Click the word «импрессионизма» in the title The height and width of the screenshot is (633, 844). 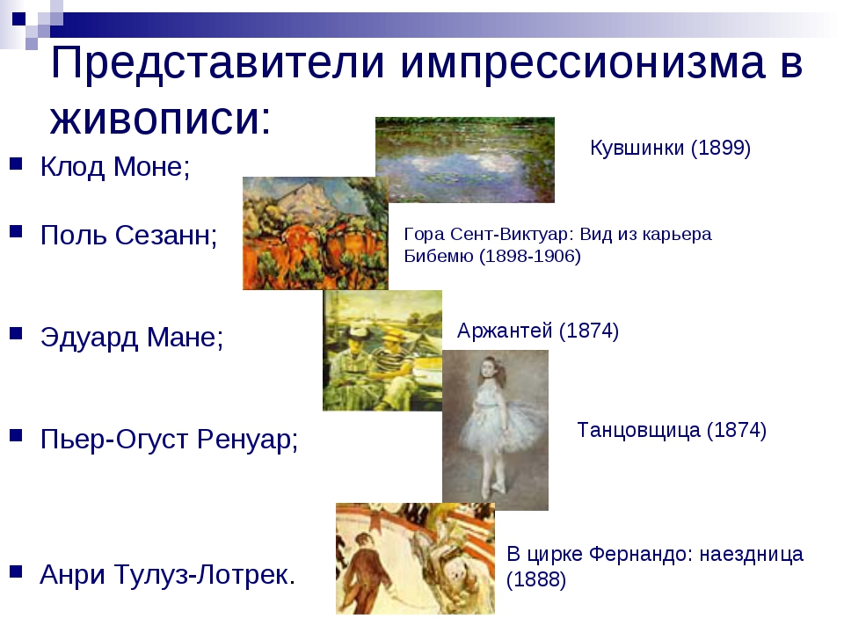(x=582, y=63)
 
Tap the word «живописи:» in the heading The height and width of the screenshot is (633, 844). (x=160, y=119)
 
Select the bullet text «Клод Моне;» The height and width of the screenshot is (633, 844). (x=115, y=166)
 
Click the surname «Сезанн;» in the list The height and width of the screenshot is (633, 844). (x=166, y=236)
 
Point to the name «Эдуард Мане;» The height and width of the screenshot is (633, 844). (x=132, y=338)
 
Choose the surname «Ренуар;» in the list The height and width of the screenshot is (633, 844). (x=248, y=440)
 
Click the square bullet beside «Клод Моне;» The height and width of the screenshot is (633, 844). (x=16, y=164)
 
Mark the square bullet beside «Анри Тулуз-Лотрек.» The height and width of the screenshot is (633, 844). (x=16, y=571)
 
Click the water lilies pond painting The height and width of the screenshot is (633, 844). (x=465, y=159)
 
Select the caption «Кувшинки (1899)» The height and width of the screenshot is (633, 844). (x=670, y=148)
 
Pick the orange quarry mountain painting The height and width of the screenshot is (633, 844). (x=316, y=233)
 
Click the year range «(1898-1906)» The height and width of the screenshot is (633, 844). (x=529, y=256)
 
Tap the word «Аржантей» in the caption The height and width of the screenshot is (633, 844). (x=505, y=330)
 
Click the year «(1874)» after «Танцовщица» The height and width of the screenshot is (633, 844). (x=737, y=430)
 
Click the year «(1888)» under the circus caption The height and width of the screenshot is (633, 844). (x=536, y=579)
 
